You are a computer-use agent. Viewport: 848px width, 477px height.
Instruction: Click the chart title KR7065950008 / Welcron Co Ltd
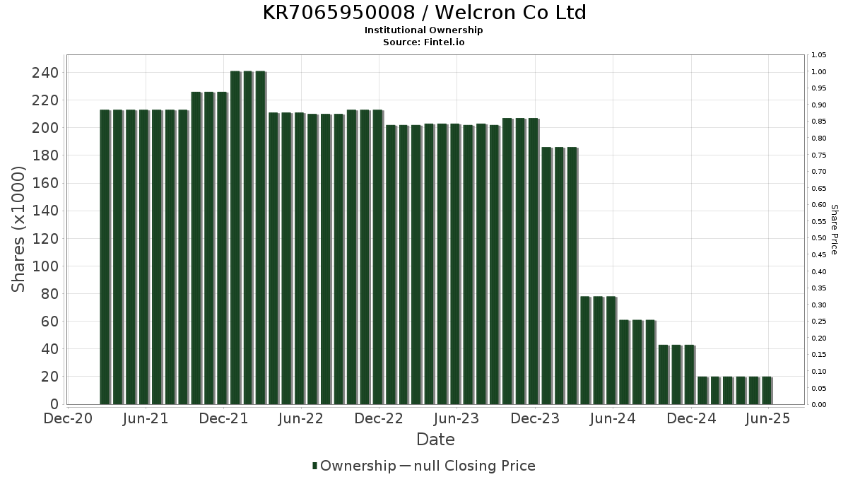(424, 13)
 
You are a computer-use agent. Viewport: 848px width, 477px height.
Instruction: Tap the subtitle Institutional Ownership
(424, 30)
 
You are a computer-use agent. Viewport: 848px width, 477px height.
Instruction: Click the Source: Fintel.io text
(424, 42)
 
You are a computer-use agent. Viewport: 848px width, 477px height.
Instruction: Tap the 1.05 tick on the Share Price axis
(819, 55)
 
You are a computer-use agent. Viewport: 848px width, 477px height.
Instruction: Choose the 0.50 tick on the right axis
(819, 238)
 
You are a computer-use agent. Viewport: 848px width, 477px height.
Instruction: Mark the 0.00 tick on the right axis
(819, 405)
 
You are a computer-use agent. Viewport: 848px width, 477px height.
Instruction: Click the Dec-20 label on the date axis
(68, 419)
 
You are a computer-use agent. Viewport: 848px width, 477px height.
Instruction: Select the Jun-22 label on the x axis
(301, 419)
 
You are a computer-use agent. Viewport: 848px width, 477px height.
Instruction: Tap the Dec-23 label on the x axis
(535, 419)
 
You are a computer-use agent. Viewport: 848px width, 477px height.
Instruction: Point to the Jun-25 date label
(768, 419)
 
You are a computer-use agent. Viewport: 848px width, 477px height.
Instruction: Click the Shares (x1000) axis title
(19, 229)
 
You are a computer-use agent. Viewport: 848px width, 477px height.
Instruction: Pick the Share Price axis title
(834, 229)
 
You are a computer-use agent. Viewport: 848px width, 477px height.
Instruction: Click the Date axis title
(435, 440)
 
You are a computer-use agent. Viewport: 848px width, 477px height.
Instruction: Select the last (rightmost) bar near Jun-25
(767, 390)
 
